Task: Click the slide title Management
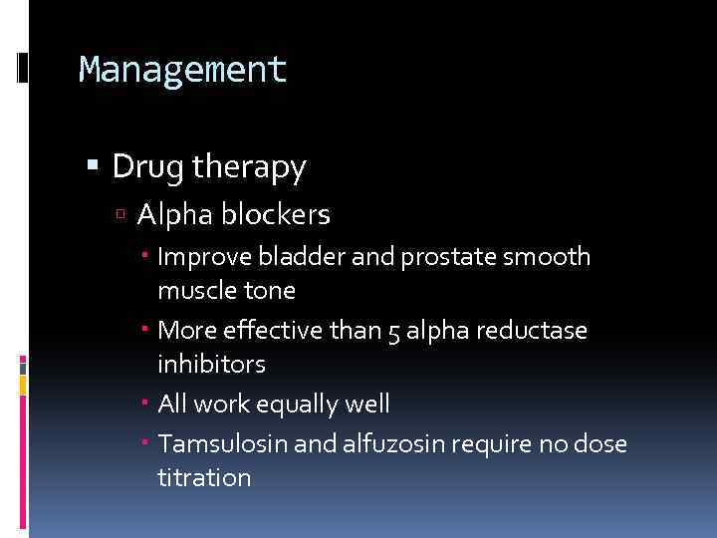(x=182, y=70)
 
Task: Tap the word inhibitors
(x=211, y=365)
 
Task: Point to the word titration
(x=204, y=477)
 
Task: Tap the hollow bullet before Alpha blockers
(x=121, y=215)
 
